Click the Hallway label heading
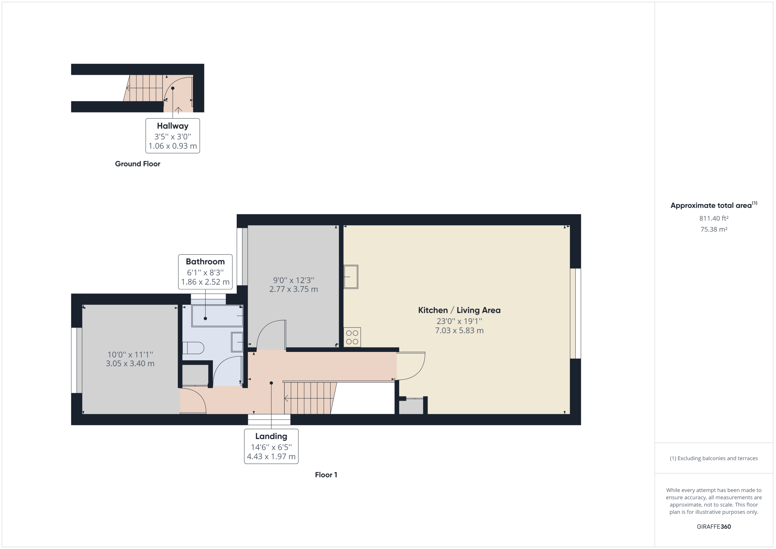pyautogui.click(x=172, y=126)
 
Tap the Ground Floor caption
pyautogui.click(x=138, y=164)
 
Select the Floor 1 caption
pyautogui.click(x=326, y=475)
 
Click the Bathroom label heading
pyautogui.click(x=205, y=262)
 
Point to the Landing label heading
pyautogui.click(x=271, y=437)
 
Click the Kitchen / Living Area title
pyautogui.click(x=459, y=310)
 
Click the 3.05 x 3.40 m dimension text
pyautogui.click(x=130, y=364)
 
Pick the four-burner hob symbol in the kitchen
pyautogui.click(x=352, y=337)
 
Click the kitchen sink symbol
pyautogui.click(x=351, y=277)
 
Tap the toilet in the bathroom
pyautogui.click(x=193, y=348)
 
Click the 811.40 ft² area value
pyautogui.click(x=714, y=218)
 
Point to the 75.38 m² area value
pyautogui.click(x=714, y=229)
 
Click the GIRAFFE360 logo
pyautogui.click(x=714, y=527)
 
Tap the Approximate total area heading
pyautogui.click(x=714, y=205)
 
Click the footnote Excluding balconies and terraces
pyautogui.click(x=714, y=458)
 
